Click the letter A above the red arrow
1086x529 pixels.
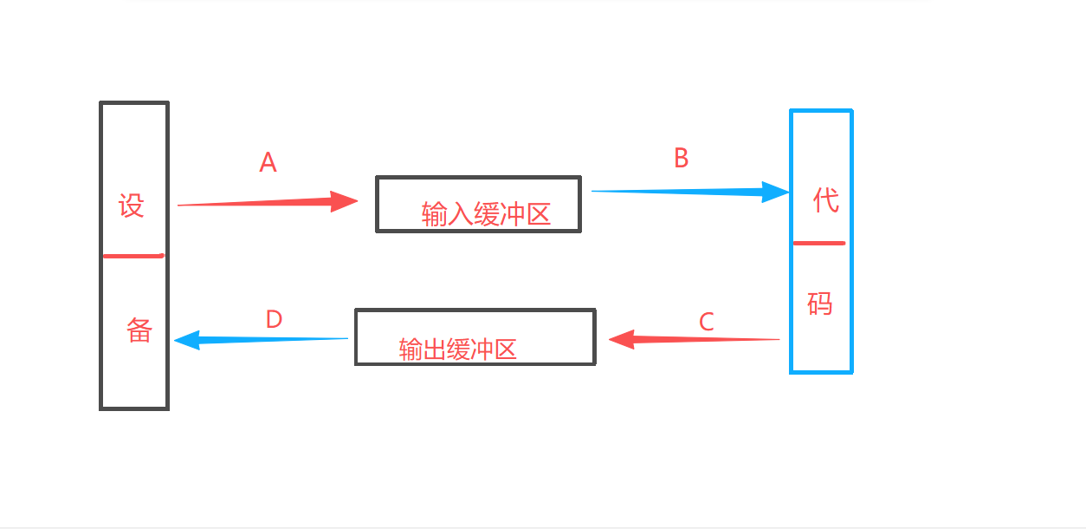[268, 162]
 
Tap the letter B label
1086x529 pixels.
[682, 158]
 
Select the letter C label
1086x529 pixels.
[707, 322]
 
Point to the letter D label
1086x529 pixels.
[274, 319]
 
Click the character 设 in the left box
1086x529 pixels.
[132, 206]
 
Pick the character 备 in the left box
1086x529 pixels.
[139, 330]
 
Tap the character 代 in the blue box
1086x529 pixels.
[825, 200]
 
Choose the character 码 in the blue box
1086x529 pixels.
[820, 304]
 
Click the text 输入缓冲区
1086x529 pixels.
[486, 214]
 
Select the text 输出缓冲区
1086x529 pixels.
[457, 349]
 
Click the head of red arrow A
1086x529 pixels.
[357, 201]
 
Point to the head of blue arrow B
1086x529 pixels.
[788, 193]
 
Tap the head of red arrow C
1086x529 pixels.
[610, 339]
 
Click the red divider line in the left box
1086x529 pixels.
[134, 256]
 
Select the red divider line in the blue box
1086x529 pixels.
[819, 243]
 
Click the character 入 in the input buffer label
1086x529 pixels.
[460, 214]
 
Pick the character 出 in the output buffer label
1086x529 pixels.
[434, 349]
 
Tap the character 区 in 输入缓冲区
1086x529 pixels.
[539, 214]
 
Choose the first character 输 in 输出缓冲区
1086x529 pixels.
[410, 349]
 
